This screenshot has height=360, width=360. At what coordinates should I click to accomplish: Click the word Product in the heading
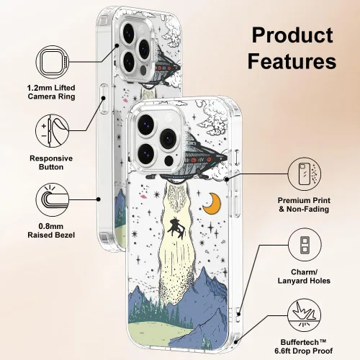point(292,35)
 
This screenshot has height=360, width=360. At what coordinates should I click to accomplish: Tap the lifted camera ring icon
point(53,62)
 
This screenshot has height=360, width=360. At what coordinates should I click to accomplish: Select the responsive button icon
point(53,131)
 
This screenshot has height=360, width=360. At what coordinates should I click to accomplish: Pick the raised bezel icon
point(53,199)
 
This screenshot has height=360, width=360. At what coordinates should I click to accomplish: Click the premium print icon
point(305,174)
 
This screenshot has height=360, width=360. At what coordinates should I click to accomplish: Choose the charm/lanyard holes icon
point(305,245)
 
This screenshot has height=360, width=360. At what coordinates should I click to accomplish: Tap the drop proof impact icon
point(305,315)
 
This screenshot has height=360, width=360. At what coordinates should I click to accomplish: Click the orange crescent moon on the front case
point(212,204)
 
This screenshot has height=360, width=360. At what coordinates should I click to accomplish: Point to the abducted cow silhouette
point(176,228)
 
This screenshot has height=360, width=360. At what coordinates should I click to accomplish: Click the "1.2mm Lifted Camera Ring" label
point(51,92)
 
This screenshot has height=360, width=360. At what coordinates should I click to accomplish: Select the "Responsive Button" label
point(51,163)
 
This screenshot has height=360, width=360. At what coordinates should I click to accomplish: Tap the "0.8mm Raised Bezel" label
point(51,230)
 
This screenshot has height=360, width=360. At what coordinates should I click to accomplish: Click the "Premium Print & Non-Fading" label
point(304,204)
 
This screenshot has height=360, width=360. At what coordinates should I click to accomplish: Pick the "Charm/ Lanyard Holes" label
point(304,276)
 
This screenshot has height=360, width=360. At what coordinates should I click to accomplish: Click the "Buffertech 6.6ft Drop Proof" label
point(304,346)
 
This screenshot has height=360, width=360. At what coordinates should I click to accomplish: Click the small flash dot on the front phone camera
point(169,161)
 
